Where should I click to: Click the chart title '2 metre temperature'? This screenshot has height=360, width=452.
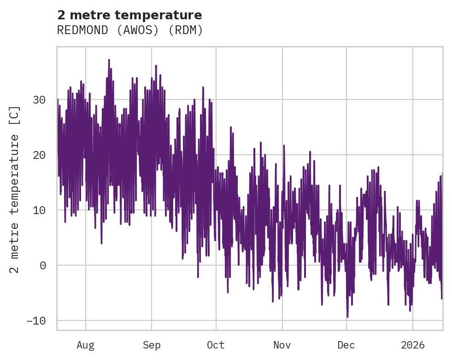(129, 15)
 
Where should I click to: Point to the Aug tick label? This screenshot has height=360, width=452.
(85, 345)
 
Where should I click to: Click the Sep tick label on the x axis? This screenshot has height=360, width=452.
(151, 345)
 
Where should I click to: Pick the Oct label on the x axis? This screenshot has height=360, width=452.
(216, 345)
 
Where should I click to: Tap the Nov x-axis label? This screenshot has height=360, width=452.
(282, 345)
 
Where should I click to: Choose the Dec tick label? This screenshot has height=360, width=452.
(346, 345)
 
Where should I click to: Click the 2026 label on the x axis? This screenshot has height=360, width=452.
(412, 345)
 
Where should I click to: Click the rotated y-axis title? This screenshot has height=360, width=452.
(15, 189)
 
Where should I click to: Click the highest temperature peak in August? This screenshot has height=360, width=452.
(109, 60)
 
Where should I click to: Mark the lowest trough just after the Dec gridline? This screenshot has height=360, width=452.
(347, 317)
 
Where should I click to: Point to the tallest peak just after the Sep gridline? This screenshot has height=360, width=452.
(156, 66)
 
